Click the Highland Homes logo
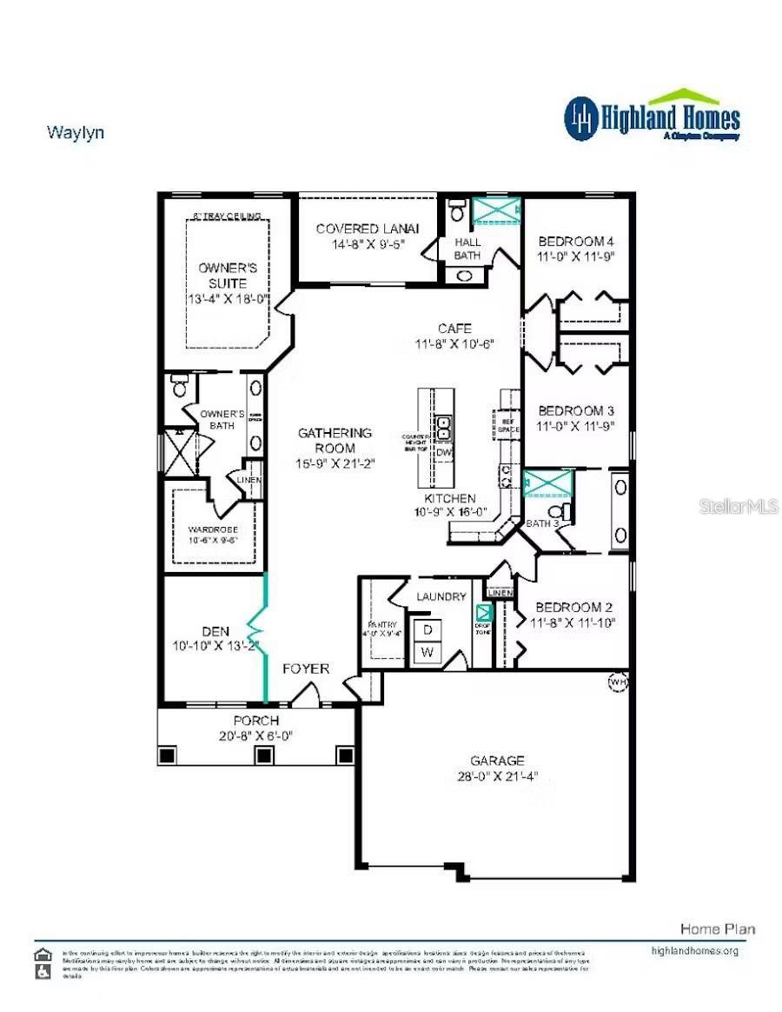[652, 117]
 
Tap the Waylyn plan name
[75, 132]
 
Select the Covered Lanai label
[367, 229]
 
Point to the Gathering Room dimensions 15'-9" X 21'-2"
[335, 463]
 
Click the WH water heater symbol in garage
[618, 681]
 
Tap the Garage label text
[498, 761]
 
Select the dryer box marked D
[427, 630]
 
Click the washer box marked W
[427, 651]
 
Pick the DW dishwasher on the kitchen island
[443, 452]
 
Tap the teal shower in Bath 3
[548, 483]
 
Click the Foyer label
[306, 669]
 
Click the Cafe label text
[454, 329]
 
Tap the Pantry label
[382, 624]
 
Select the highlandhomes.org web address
[694, 951]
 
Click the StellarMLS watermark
[739, 506]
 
